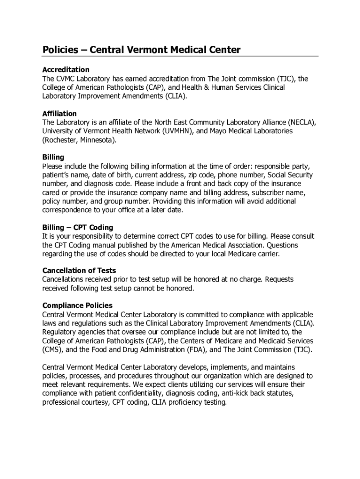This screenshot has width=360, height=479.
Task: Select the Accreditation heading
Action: pos(66,70)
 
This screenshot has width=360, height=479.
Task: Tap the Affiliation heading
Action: pos(59,114)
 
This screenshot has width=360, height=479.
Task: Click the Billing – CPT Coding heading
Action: pos(78,228)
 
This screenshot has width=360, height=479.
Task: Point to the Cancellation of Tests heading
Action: pos(79,271)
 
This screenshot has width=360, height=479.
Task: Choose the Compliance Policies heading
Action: pos(77,306)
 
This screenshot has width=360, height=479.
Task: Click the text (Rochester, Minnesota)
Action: pos(79,140)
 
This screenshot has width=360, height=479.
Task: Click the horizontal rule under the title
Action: pos(180,56)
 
